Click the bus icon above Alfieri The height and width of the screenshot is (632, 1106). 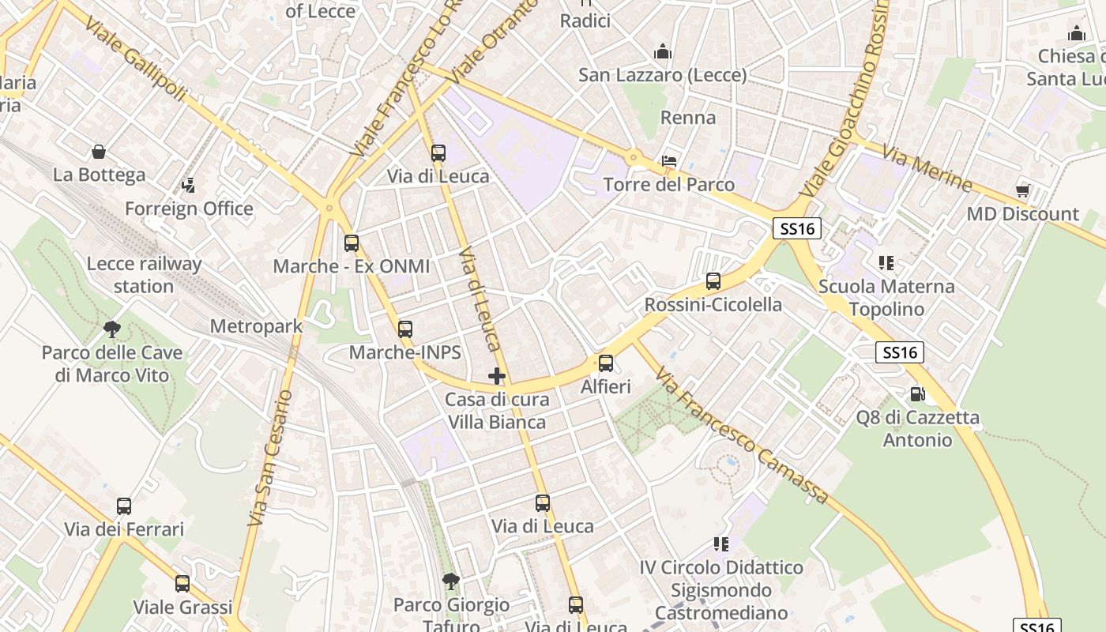606,363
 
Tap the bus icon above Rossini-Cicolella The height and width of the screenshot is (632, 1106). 713,281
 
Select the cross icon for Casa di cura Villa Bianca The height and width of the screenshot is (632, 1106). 496,376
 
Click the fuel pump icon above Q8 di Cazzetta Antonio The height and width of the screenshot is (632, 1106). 917,393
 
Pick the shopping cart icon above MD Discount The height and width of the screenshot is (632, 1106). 1023,190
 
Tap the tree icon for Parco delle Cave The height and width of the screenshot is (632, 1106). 112,329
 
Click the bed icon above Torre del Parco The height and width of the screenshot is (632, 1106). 669,160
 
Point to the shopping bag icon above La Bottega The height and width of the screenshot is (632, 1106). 99,151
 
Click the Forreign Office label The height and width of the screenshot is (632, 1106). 189,209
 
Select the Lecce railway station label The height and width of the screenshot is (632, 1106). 144,275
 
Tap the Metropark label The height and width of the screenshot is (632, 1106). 256,326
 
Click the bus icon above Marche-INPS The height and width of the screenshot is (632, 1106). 405,329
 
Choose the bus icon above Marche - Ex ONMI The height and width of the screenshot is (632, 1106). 352,243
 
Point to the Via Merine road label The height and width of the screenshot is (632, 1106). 927,167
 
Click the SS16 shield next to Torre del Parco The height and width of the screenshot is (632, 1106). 797,229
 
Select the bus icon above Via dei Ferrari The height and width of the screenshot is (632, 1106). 124,506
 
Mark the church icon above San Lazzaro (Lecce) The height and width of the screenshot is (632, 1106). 662,52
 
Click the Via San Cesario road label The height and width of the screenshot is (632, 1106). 270,458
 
